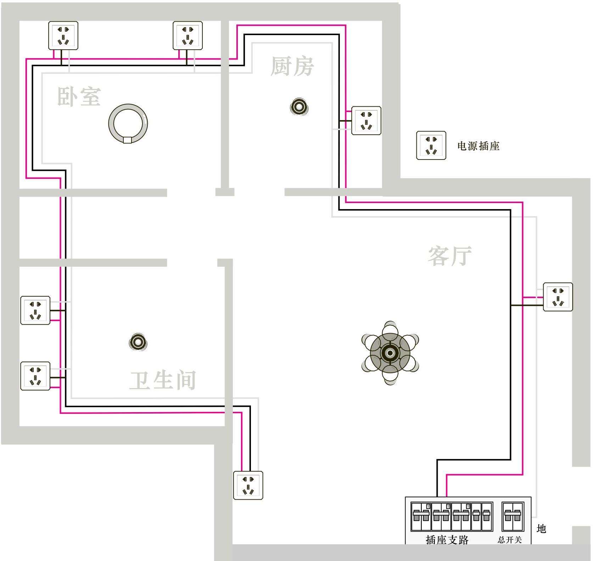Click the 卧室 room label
79,96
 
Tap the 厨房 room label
292,66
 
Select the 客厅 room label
450,256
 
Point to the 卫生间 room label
163,380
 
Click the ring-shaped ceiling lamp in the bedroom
128,124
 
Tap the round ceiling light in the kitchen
299,107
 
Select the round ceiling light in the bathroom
138,342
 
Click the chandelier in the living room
390,353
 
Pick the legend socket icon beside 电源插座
431,145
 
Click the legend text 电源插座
478,146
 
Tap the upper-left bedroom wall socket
63,35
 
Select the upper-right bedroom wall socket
187,35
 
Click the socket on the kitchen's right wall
366,120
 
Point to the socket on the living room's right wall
558,297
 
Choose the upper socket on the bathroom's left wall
35,310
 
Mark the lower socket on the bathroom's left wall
35,376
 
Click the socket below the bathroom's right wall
248,485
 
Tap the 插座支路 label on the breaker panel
447,540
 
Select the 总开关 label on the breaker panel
509,540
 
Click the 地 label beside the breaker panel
541,529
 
